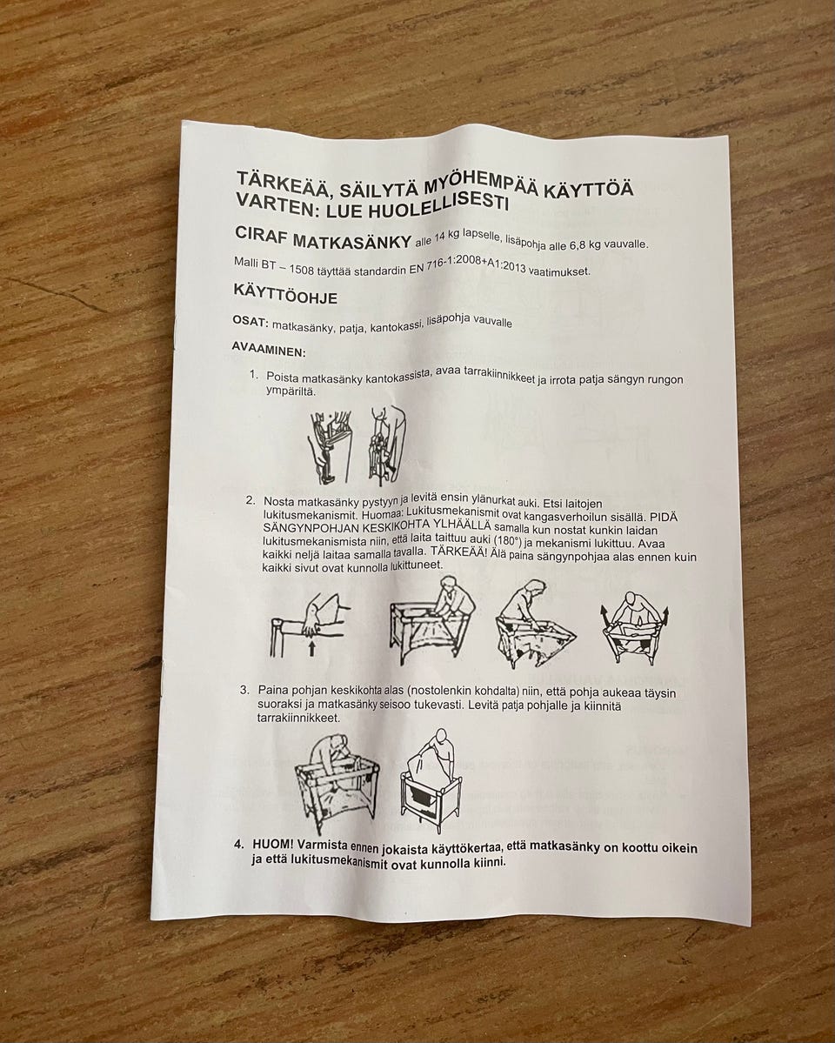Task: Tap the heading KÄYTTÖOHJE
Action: pyautogui.click(x=285, y=294)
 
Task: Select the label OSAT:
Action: pyautogui.click(x=250, y=322)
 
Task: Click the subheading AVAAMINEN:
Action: pyautogui.click(x=269, y=349)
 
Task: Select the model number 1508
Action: pyautogui.click(x=302, y=267)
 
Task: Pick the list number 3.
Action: pyautogui.click(x=244, y=690)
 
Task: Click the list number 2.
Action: pyautogui.click(x=250, y=500)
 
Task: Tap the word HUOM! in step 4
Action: pyautogui.click(x=273, y=844)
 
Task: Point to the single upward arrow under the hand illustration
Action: pyautogui.click(x=311, y=647)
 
